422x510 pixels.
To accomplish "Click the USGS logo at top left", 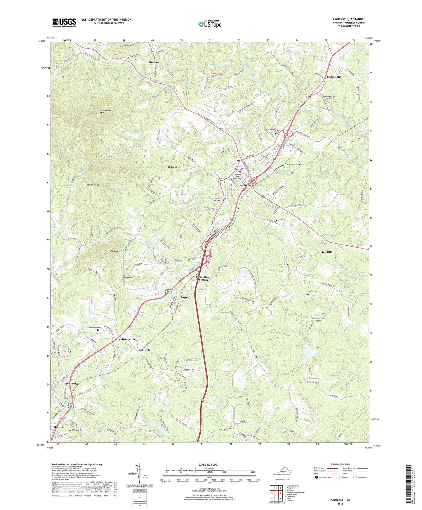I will pos(64,22).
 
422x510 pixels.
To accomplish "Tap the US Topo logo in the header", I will pos(209,24).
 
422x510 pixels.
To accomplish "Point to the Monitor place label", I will pos(154,63).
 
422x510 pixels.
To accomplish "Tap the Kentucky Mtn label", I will pos(93,185).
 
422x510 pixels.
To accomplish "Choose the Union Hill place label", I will pos(325,252).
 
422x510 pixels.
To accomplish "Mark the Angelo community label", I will pos(185,297).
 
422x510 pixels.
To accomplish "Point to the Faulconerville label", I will pos(126,339).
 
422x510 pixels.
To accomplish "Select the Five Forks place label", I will pos(71,384).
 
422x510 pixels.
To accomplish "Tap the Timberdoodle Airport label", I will pos(317,320).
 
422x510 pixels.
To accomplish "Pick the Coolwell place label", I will pos(144,350).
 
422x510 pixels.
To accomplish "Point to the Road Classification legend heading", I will pos(340,464).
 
